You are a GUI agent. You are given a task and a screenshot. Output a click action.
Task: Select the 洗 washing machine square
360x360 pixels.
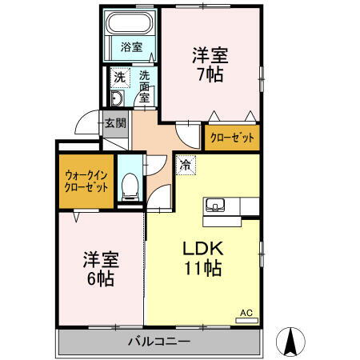(118, 78)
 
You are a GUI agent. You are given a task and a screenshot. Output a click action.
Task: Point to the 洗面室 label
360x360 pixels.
(144, 86)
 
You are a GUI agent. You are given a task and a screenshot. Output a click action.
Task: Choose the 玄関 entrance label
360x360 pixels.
(115, 123)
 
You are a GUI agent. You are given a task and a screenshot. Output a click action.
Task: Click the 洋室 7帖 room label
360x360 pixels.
(210, 65)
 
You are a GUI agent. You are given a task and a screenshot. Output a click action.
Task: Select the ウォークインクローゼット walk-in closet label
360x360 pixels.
(85, 182)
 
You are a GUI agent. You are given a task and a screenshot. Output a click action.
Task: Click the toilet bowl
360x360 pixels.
(129, 189)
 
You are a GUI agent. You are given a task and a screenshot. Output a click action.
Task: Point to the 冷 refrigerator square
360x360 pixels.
(185, 166)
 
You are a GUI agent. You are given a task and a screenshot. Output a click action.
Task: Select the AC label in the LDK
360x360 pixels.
(246, 311)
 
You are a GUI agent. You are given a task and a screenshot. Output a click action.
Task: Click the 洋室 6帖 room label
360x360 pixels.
(100, 270)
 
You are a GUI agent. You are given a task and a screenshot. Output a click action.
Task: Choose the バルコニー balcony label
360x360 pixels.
(159, 343)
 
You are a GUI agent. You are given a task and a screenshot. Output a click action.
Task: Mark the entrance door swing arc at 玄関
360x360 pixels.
(86, 126)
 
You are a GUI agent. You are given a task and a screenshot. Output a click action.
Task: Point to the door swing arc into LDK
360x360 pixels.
(159, 195)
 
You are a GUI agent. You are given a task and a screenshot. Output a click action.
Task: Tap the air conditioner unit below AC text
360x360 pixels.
(246, 321)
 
